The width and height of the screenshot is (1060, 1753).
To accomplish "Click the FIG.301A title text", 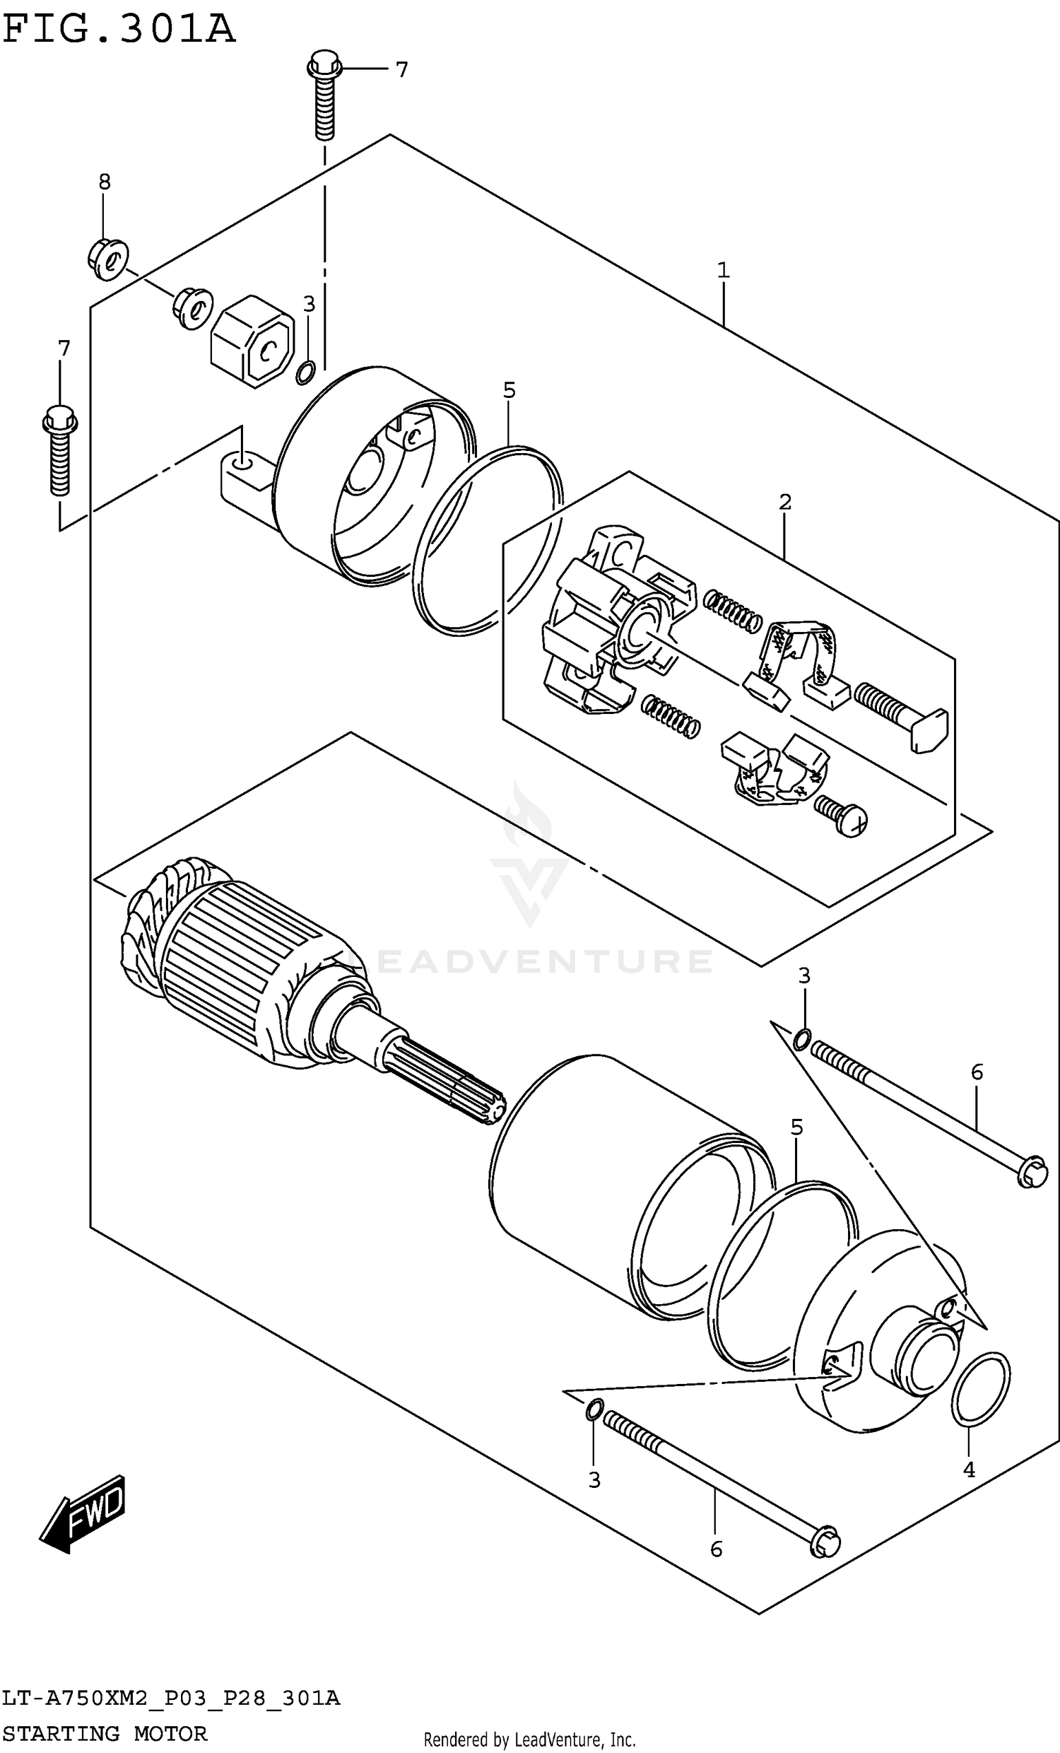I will click(x=119, y=30).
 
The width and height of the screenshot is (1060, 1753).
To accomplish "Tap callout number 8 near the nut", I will click(x=105, y=182).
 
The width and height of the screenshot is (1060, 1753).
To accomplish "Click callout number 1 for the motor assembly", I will click(x=724, y=270).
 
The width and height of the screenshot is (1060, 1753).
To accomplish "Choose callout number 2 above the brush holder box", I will click(x=784, y=503).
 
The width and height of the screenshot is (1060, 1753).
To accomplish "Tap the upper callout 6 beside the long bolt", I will click(x=977, y=1072).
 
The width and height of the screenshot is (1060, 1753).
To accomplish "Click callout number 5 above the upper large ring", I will click(x=509, y=390).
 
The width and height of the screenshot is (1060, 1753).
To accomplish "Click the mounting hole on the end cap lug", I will click(x=242, y=464).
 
